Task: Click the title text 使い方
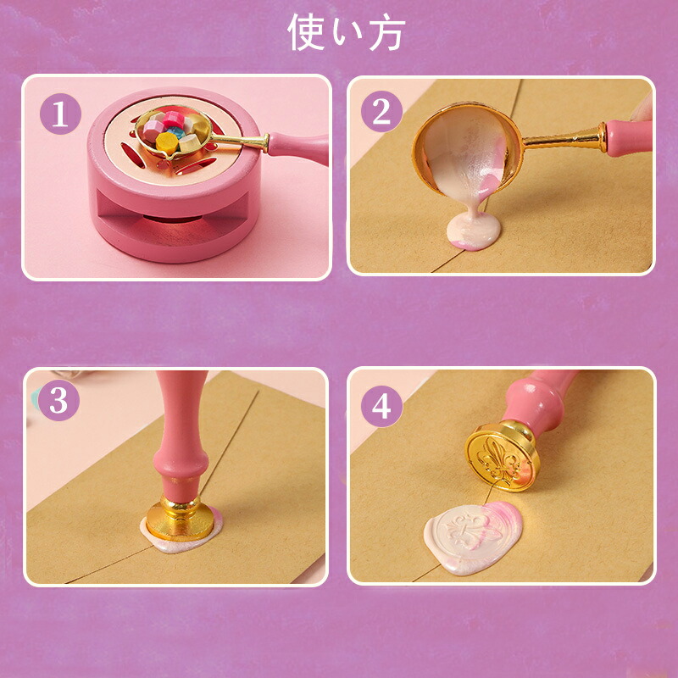[347, 31]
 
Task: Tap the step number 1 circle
[60, 114]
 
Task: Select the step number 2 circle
[381, 112]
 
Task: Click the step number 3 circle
[58, 400]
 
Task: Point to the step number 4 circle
[381, 407]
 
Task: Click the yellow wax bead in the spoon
[167, 142]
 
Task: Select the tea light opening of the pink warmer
[173, 220]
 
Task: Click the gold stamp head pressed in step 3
[180, 519]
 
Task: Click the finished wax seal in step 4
[474, 537]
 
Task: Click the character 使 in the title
[306, 31]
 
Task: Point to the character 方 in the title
[387, 32]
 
